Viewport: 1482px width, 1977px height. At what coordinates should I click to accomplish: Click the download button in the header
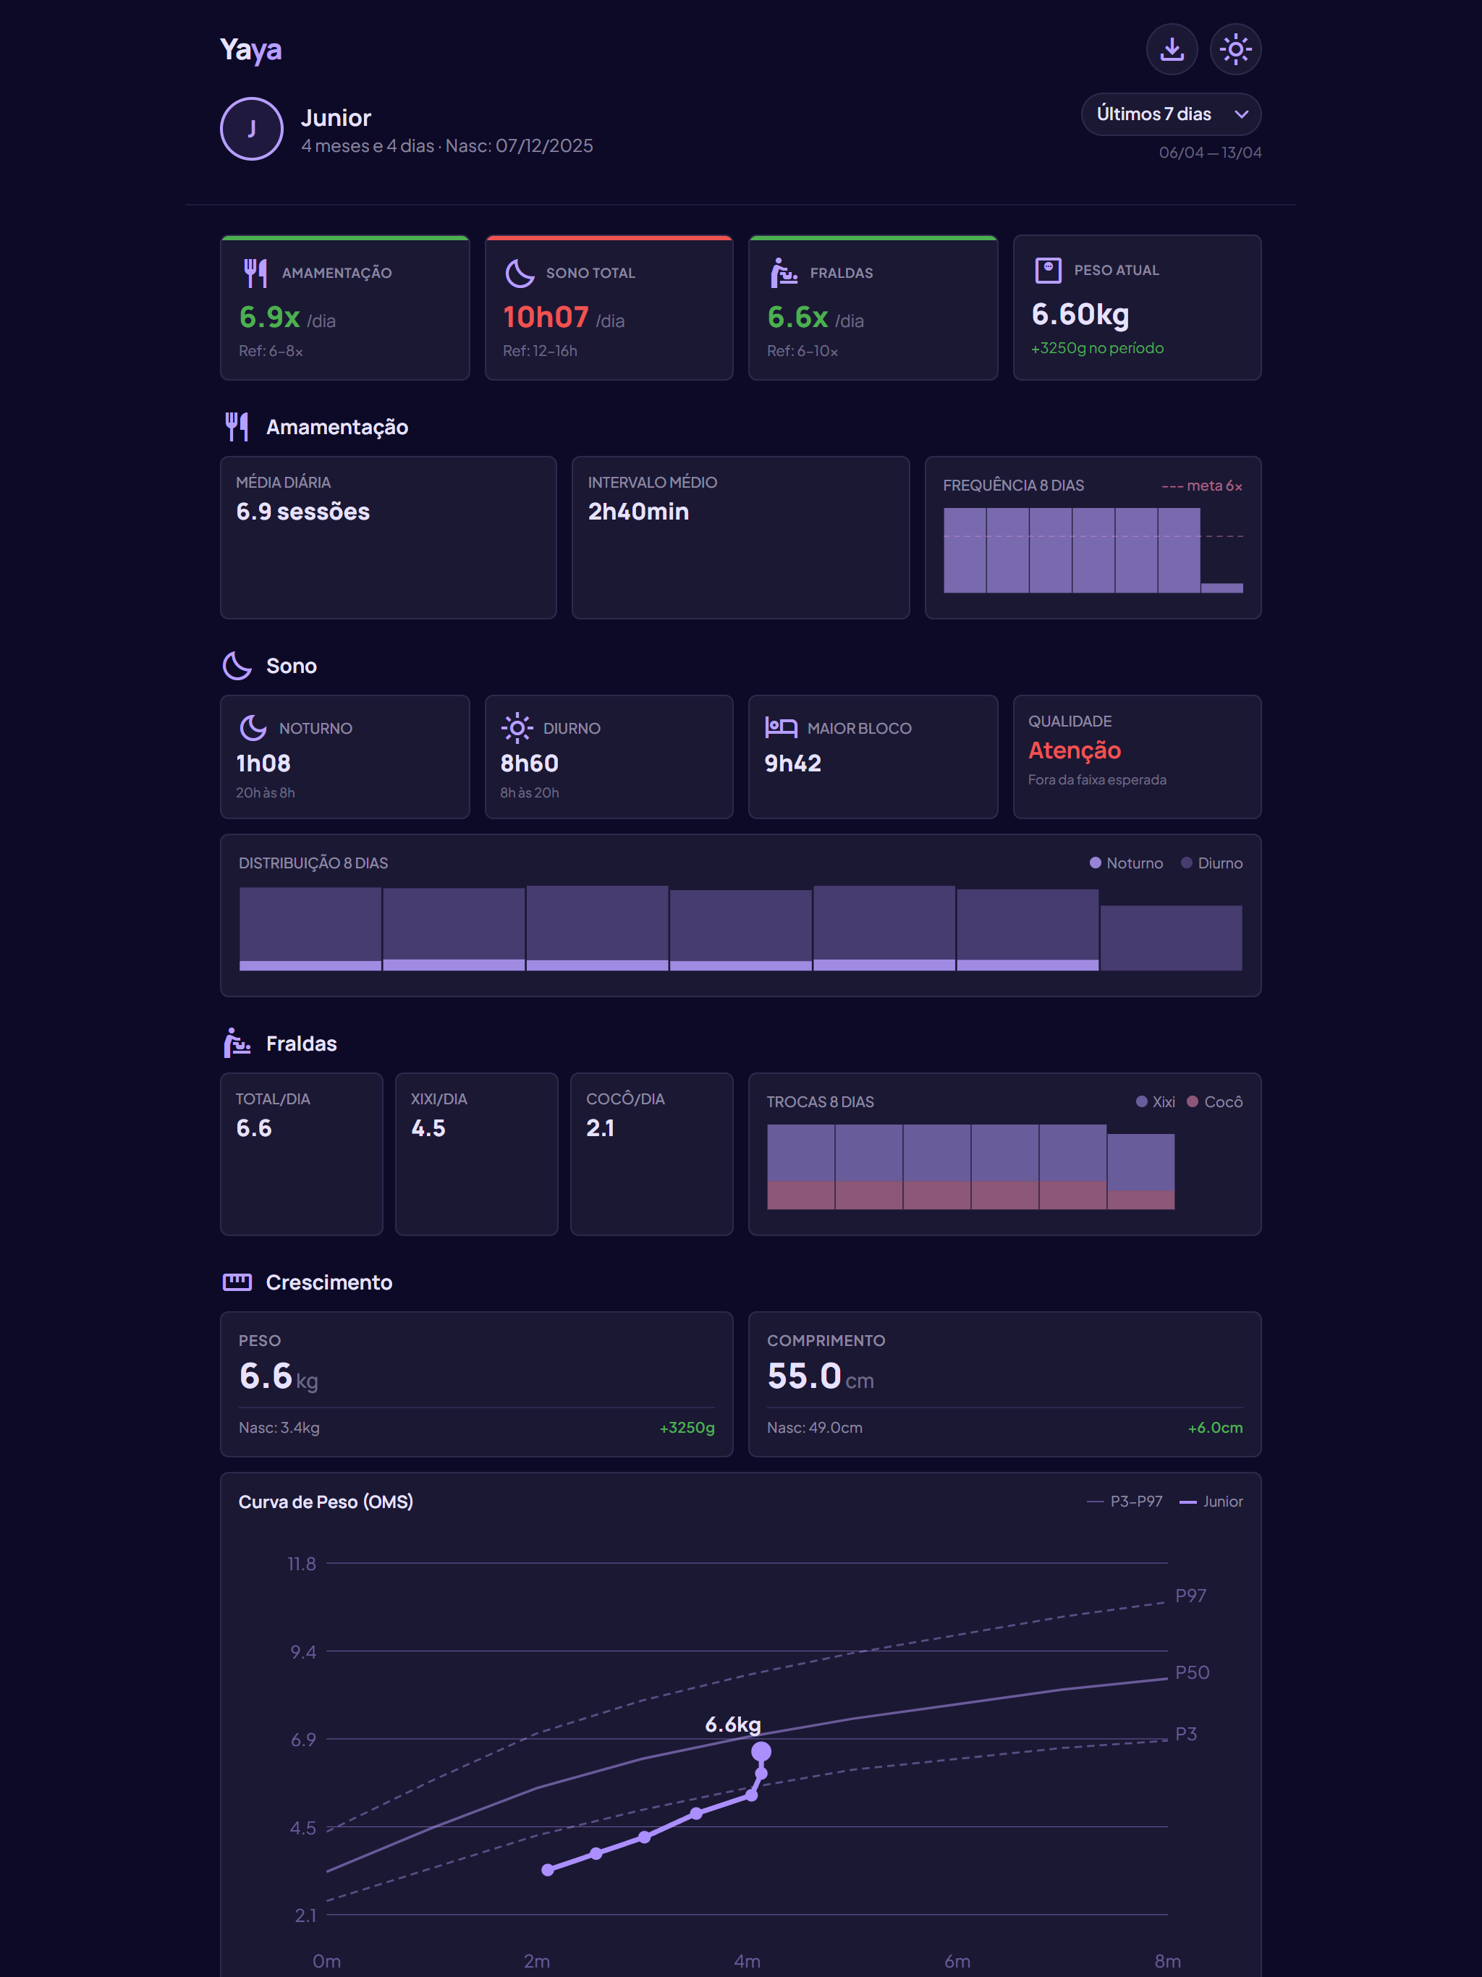click(x=1172, y=49)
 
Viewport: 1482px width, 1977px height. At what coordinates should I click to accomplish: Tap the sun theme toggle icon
click(x=1235, y=49)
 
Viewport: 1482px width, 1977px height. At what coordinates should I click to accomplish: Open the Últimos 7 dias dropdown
click(x=1171, y=114)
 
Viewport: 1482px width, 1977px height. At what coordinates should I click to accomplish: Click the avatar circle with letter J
click(x=252, y=129)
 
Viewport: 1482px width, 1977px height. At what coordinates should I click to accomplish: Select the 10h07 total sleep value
click(x=545, y=317)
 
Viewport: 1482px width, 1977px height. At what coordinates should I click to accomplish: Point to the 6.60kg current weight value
click(x=1080, y=315)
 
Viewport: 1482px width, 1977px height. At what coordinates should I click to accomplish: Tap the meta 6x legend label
click(x=1201, y=486)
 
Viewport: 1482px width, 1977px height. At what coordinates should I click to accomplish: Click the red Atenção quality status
click(x=1075, y=750)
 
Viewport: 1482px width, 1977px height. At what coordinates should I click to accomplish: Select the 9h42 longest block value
click(x=793, y=763)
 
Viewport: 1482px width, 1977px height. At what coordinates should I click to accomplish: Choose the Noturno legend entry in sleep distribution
click(x=1126, y=863)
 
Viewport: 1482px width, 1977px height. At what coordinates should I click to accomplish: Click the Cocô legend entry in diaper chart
click(x=1215, y=1102)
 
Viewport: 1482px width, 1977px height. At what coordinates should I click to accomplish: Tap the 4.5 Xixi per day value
click(x=428, y=1128)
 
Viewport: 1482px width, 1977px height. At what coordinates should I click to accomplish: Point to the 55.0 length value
click(x=803, y=1376)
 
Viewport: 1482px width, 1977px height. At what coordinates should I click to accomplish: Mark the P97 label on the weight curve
click(x=1190, y=1596)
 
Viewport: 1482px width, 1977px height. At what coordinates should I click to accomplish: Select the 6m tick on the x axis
click(x=957, y=1961)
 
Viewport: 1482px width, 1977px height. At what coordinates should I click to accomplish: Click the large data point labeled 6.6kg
click(x=761, y=1752)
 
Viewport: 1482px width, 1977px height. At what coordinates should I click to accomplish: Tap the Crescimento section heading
click(x=329, y=1282)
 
